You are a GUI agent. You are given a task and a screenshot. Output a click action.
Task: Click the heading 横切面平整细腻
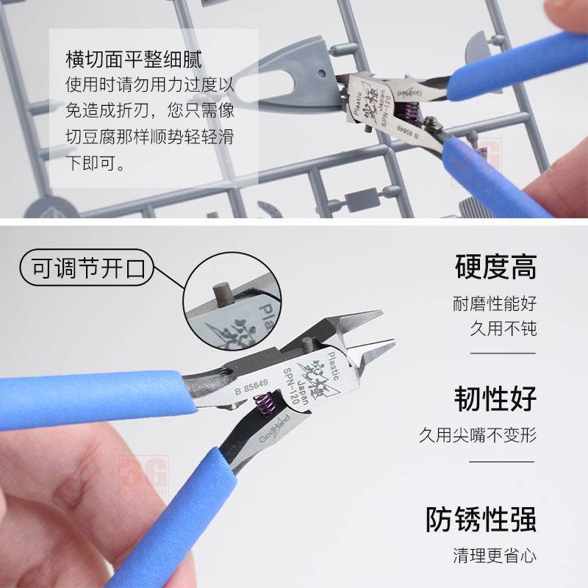[133, 59]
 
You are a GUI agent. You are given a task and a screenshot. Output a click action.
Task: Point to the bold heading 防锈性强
[481, 519]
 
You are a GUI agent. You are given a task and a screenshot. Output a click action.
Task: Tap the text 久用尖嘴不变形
[478, 434]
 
